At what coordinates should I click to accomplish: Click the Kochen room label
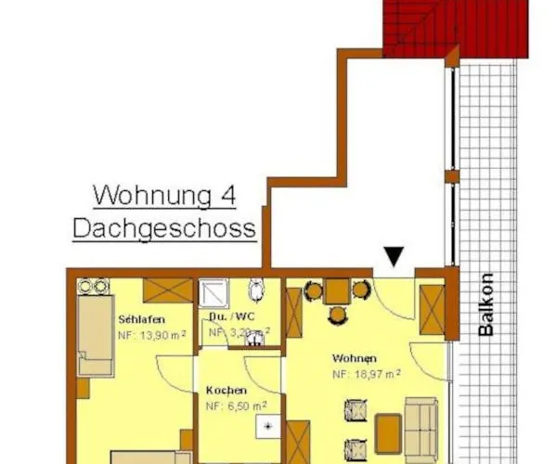[x=227, y=390]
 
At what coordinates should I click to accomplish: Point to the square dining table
[x=337, y=291]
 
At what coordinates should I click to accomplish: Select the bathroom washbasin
[x=253, y=339]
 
